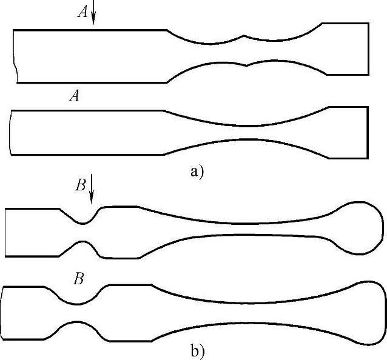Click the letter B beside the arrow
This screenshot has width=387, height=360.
pos(81,185)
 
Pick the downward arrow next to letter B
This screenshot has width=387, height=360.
pos(91,190)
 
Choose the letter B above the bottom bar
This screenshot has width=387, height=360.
pos(78,279)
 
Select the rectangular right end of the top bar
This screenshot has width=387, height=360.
pos(346,48)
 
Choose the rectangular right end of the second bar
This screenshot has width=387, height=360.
pos(349,132)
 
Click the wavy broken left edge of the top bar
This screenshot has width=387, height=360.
pos(15,56)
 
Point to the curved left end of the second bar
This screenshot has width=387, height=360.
pos(10,132)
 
